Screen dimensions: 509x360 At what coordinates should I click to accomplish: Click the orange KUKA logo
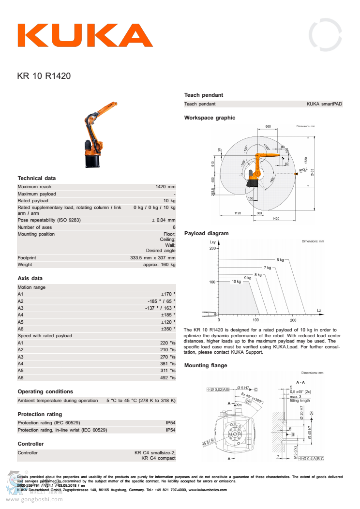[x=85, y=35]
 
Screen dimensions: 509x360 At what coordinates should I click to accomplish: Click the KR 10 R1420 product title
[x=44, y=76]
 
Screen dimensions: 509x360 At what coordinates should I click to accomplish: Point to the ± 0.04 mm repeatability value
[x=164, y=220]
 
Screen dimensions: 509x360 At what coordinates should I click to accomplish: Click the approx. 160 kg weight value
[x=160, y=265]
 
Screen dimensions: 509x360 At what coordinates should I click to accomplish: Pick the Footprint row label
[x=27, y=258]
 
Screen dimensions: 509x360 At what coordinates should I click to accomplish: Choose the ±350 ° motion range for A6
[x=168, y=329]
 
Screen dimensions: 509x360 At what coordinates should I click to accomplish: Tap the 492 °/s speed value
[x=168, y=378]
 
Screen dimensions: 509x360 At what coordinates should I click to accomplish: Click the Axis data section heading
[x=30, y=278]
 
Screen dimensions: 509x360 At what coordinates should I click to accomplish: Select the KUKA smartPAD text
[x=324, y=104]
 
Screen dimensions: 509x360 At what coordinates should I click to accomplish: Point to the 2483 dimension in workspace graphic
[x=313, y=172]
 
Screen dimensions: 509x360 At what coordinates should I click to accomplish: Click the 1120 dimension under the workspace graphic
[x=237, y=213]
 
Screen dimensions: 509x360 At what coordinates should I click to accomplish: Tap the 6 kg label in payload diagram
[x=280, y=260]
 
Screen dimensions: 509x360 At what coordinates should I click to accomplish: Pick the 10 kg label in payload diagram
[x=236, y=282]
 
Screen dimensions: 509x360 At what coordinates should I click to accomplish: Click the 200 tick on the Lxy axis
[x=212, y=249]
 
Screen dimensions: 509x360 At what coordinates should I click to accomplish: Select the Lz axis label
[x=319, y=310]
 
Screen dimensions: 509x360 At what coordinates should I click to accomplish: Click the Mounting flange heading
[x=206, y=366]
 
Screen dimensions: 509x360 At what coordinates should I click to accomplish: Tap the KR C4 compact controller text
[x=158, y=458]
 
